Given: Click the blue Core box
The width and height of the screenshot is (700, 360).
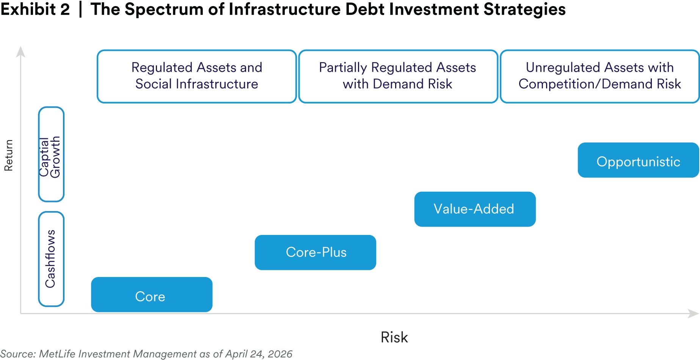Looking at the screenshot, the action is click(152, 294).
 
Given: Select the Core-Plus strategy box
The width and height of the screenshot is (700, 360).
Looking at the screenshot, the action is click(315, 252).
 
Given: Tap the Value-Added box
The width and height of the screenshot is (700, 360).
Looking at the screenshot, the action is click(475, 209).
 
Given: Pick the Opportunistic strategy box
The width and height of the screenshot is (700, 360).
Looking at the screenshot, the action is click(639, 160).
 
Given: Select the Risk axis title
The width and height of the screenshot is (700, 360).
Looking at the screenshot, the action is click(394, 337).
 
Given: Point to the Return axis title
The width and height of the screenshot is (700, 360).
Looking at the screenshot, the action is click(8, 155).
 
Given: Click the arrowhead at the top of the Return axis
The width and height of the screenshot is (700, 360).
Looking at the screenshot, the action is click(20, 52).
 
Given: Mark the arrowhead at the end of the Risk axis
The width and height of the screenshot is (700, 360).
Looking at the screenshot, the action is click(694, 314).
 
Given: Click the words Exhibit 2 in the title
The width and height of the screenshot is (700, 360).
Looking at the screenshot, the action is click(35, 9).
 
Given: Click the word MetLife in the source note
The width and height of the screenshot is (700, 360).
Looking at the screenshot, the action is click(57, 354).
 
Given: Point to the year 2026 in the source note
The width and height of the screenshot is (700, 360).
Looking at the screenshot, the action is click(280, 354).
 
